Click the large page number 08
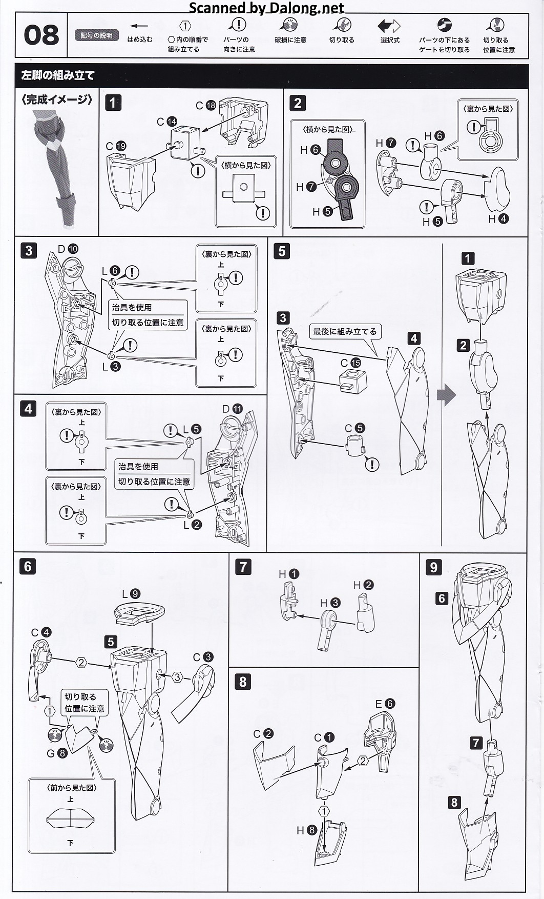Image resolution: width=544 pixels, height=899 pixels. point(41,35)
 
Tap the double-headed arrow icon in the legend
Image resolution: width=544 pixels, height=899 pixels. point(389,26)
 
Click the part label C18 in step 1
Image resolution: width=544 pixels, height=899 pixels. point(206,106)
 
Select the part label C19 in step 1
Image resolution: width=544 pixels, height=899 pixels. point(116,146)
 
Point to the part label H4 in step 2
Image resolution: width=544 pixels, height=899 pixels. point(498,219)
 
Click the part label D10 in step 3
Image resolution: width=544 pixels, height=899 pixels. point(68,249)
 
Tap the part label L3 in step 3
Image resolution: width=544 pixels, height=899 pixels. point(111,367)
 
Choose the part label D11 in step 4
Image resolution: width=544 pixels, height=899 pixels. point(232,409)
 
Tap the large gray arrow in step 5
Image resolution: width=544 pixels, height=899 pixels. point(446,395)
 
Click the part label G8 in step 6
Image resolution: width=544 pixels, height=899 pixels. point(56,753)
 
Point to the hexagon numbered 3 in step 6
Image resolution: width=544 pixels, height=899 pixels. point(177,677)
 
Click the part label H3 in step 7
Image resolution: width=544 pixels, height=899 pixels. point(330,603)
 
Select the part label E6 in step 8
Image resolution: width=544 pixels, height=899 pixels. point(385,704)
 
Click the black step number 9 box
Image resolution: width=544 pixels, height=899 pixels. point(433,567)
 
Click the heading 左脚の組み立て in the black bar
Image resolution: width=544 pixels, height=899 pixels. point(58,75)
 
